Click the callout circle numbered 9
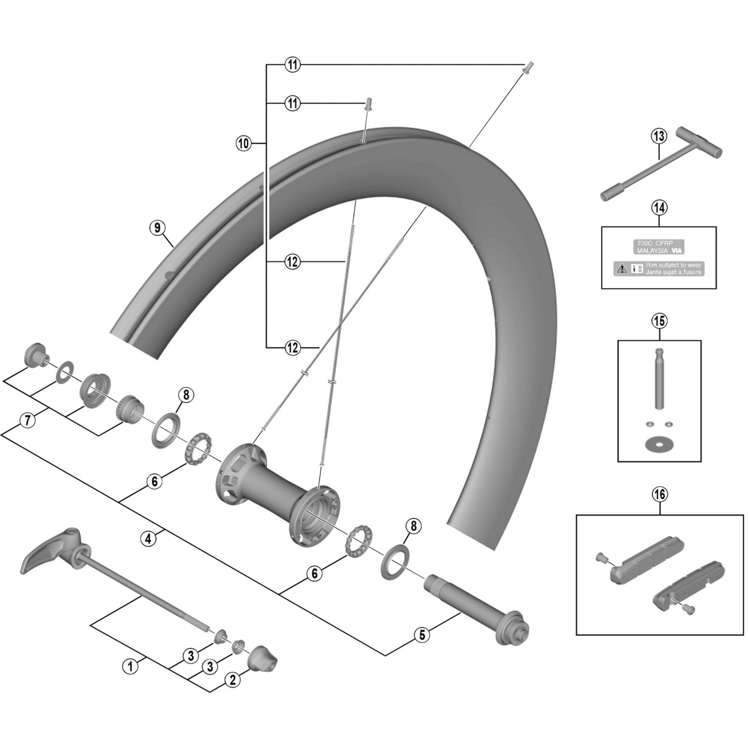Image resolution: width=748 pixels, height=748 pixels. tap(157, 228)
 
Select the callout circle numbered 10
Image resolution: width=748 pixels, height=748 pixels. tap(243, 144)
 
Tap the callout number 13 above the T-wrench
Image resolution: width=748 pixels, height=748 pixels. tap(659, 136)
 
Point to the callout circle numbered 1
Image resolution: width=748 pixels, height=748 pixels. tap(130, 666)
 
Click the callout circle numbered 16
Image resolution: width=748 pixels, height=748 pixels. tap(659, 494)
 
